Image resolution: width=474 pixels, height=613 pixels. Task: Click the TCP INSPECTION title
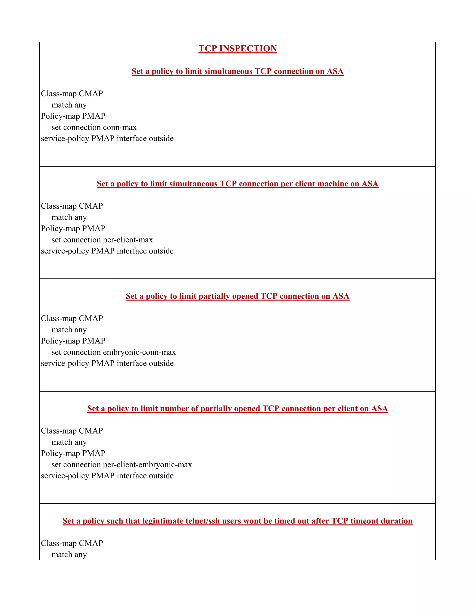pos(237,49)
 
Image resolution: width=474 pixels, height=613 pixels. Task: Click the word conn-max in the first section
pos(124,127)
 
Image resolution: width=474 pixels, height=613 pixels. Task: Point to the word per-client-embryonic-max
pos(147,465)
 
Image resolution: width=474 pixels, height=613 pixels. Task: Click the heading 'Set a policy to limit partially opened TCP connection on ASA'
pos(237,296)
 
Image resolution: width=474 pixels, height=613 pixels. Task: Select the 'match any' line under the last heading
pos(69,555)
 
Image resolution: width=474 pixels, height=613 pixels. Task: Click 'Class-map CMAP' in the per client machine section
pos(72,206)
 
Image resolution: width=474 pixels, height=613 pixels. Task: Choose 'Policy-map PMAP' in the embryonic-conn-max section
pos(73,341)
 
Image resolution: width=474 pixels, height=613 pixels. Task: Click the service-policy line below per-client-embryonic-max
pos(107,476)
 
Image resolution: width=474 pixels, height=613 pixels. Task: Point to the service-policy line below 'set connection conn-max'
pos(107,139)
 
